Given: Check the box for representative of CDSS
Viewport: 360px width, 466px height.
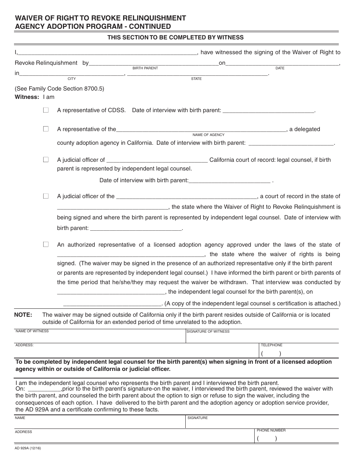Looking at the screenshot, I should click(x=46, y=110).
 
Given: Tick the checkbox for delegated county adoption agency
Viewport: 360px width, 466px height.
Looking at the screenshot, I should click(x=46, y=129).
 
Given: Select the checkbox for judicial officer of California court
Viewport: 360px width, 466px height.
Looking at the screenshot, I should click(x=46, y=160).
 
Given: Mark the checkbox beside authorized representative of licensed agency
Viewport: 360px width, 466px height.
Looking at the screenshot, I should click(x=46, y=244).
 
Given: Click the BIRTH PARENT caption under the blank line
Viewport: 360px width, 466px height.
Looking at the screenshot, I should click(x=145, y=68).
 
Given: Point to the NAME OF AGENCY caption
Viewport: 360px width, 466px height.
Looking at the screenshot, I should click(x=208, y=135).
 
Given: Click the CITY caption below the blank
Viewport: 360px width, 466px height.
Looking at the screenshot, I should click(x=72, y=79).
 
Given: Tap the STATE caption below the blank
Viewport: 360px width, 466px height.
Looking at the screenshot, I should click(x=196, y=79).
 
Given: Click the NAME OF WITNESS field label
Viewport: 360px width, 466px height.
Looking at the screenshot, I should click(x=32, y=331).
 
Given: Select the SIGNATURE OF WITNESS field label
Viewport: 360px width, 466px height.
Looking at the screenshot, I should click(x=208, y=332).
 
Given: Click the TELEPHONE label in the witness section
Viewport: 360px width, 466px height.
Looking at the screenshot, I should click(x=271, y=345).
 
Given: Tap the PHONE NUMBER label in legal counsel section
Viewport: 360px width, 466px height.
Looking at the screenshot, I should click(x=271, y=430).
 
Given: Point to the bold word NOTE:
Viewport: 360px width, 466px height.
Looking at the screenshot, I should click(x=23, y=315).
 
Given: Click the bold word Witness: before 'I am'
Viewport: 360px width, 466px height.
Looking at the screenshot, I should click(x=27, y=97).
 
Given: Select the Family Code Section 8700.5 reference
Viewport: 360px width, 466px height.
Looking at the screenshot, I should click(x=59, y=89).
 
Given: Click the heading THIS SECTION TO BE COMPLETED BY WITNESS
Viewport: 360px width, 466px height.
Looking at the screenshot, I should click(x=175, y=38).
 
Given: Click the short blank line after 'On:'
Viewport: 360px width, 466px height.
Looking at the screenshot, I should click(x=44, y=389).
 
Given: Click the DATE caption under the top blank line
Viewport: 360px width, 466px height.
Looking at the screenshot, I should click(x=280, y=68).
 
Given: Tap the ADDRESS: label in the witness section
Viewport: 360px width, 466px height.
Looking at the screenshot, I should click(x=25, y=345).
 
